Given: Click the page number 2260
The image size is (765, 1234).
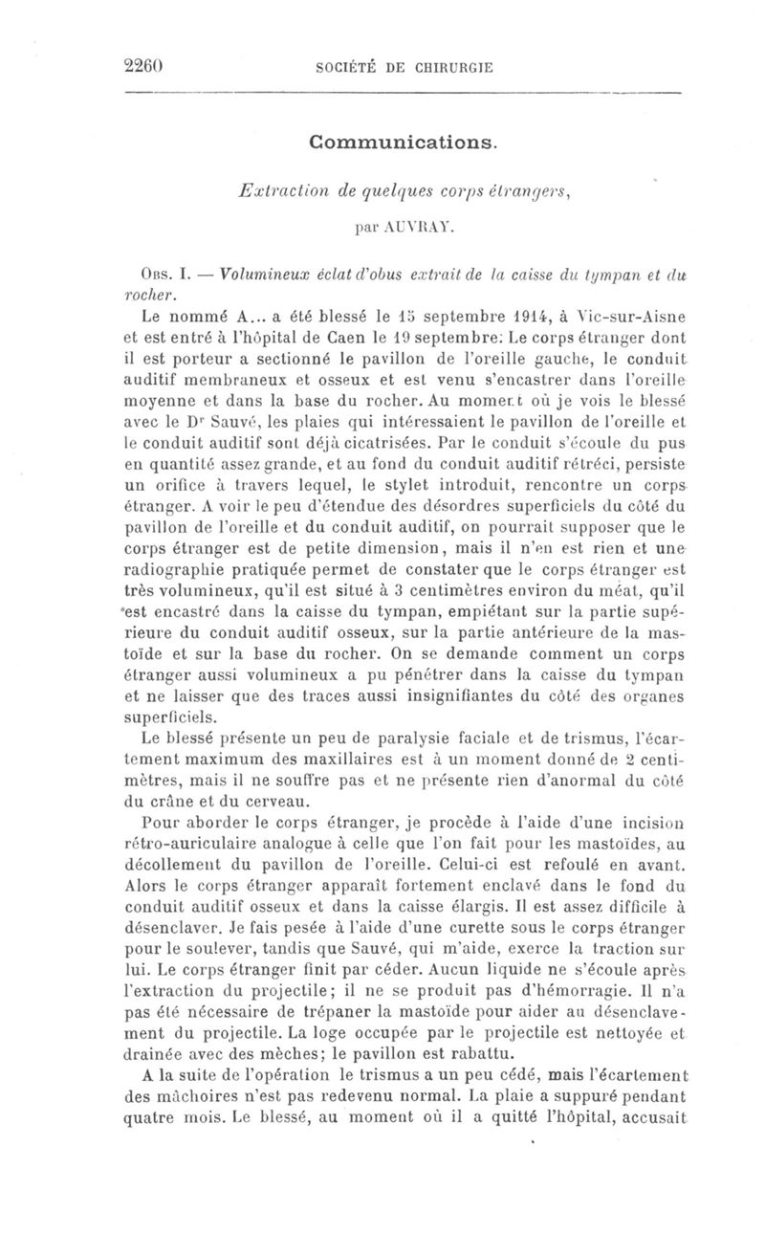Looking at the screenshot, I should [x=146, y=66].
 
